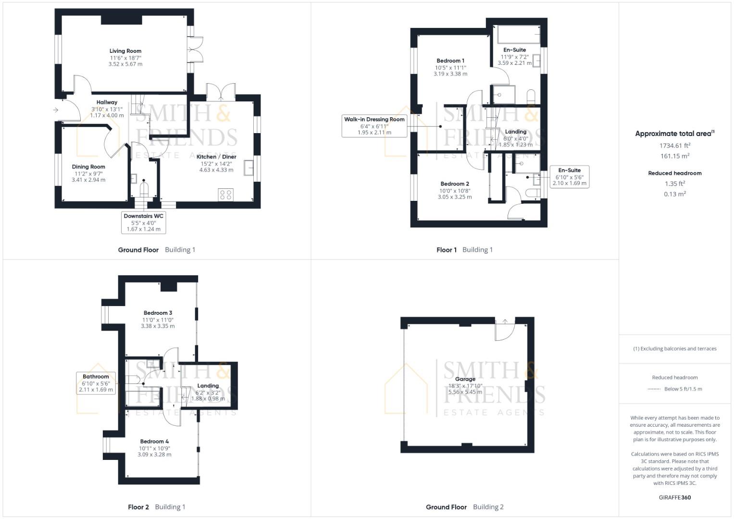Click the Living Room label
(125, 51)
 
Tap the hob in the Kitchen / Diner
(225, 194)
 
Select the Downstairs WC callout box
(144, 222)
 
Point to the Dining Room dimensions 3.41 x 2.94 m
(88, 180)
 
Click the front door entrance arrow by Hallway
(56, 110)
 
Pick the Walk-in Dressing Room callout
(374, 125)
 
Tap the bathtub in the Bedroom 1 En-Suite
(518, 35)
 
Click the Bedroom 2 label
(455, 184)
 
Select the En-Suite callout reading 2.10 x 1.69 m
(569, 176)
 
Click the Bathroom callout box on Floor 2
(96, 383)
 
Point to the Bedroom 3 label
(158, 313)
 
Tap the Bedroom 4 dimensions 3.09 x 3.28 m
(154, 455)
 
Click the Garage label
(465, 379)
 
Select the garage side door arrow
(505, 321)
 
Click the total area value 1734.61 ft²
(674, 146)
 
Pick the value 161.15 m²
(674, 156)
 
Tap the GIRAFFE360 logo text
(674, 497)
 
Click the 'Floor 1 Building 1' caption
(464, 250)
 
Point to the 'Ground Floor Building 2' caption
(464, 507)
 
